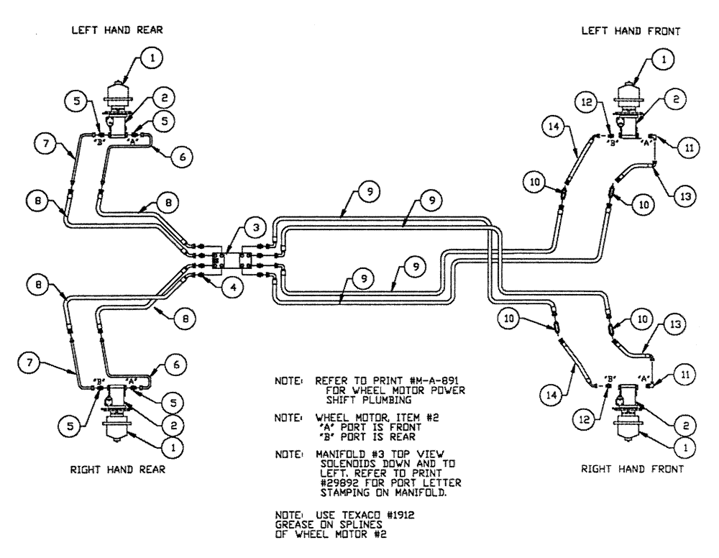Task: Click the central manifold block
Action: tap(233, 259)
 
